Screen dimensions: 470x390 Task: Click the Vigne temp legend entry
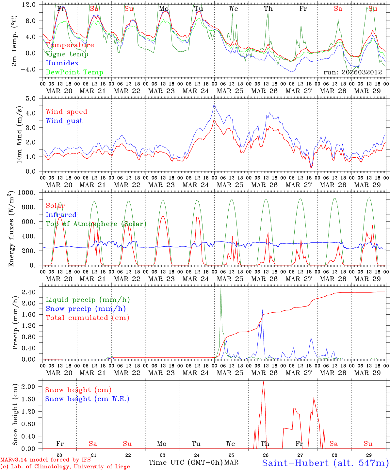point(67,54)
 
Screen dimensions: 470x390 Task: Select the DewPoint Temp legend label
point(74,72)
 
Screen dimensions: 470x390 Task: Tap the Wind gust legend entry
point(64,121)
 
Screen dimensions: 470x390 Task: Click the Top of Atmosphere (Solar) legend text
point(96,224)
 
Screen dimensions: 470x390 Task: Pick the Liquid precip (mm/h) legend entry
point(88,300)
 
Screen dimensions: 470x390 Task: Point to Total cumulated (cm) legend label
point(87,318)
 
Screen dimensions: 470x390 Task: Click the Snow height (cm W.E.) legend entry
point(87,399)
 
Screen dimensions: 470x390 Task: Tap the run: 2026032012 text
point(352,72)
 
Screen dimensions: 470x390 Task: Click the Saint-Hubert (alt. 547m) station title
point(325,463)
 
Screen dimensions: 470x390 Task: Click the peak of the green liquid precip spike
point(221,288)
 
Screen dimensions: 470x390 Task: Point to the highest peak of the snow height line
point(263,382)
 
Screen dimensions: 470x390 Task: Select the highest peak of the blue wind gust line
point(214,105)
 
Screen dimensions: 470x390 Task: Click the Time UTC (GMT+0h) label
point(186,462)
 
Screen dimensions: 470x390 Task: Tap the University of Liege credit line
point(65,467)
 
